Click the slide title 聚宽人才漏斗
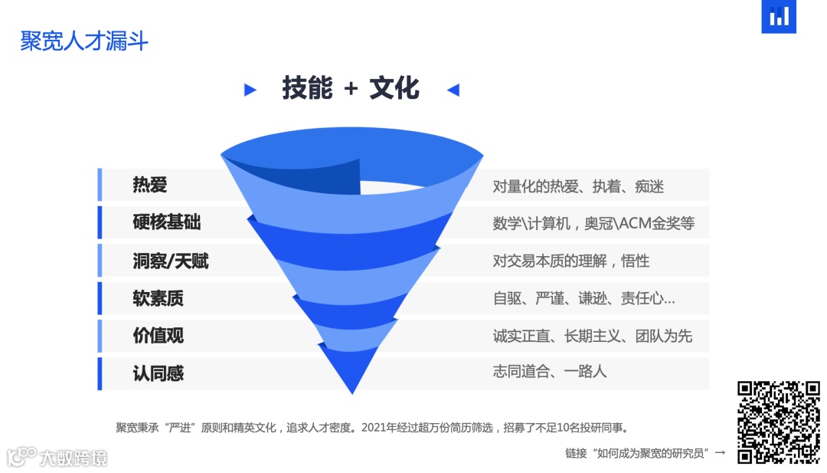tap(84, 41)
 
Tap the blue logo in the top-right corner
tap(779, 17)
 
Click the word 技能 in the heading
tap(307, 88)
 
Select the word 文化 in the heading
tap(394, 88)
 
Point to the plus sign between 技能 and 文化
tap(351, 89)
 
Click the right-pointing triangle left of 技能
tap(250, 90)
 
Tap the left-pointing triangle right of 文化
tap(453, 90)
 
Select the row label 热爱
tap(149, 186)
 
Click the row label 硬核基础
tap(166, 223)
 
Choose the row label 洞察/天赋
tap(170, 261)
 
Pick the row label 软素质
tap(158, 298)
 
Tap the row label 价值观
tap(158, 336)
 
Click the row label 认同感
tap(158, 373)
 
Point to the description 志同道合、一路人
tap(549, 372)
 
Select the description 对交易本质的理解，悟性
tap(570, 261)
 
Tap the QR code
tap(778, 422)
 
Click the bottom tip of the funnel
tap(352, 392)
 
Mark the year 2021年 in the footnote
tap(380, 428)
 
